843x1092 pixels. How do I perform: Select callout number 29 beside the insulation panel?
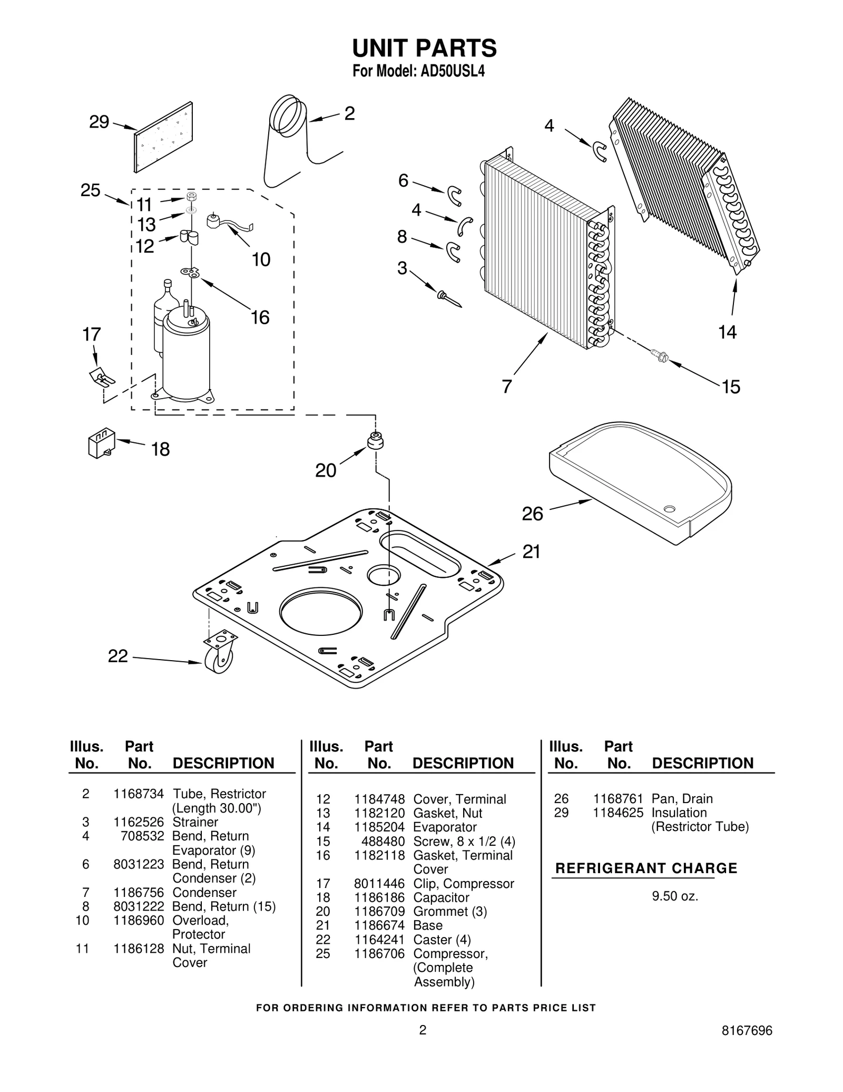[x=99, y=122]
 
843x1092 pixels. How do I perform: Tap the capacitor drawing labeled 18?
[x=101, y=443]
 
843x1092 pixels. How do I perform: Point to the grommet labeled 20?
[x=375, y=441]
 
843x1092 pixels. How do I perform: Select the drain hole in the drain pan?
[x=670, y=509]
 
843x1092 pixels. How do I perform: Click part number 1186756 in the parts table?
[x=139, y=892]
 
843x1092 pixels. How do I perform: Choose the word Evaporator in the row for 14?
[x=445, y=827]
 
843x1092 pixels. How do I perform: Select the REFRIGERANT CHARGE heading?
[x=646, y=868]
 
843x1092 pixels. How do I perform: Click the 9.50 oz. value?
[x=675, y=896]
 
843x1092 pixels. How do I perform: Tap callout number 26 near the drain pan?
[x=532, y=514]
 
